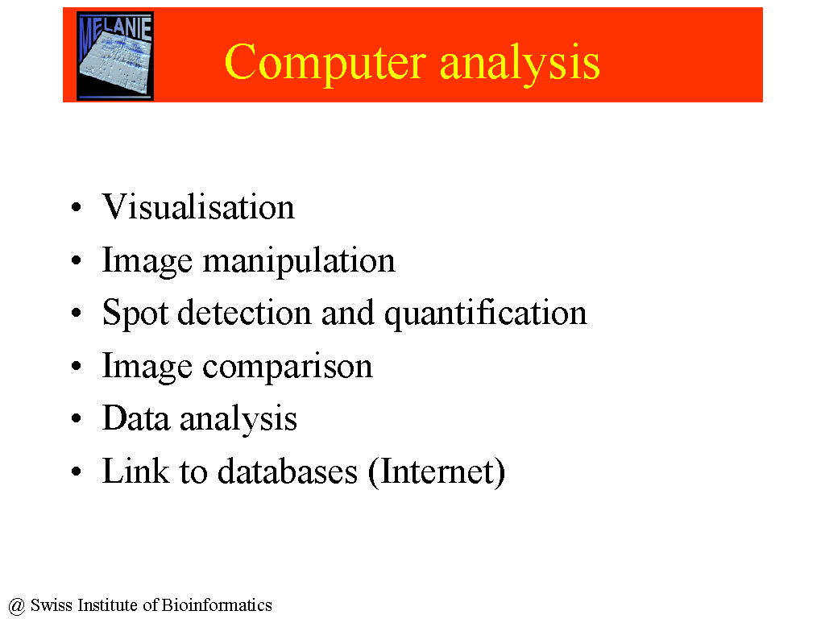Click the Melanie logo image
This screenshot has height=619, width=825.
pos(115,56)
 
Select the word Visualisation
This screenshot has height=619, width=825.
pos(198,206)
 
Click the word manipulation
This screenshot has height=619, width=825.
pos(299,260)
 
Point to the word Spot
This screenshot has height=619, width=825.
pos(135,314)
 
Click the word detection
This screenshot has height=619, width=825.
pos(245,312)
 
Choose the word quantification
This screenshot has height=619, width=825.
pos(485,314)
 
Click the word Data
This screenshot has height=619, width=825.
pos(136,418)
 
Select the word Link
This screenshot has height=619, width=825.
pos(135,471)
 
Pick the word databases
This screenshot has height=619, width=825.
pos(288,471)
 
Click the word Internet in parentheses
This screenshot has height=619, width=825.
pos(437,471)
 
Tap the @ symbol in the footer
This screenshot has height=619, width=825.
pos(17,606)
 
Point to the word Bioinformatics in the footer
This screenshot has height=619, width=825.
pos(216,604)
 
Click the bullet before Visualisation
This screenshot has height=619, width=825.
pos(77,207)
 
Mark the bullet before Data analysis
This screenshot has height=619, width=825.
pos(77,418)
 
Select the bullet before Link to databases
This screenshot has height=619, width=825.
pos(77,471)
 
